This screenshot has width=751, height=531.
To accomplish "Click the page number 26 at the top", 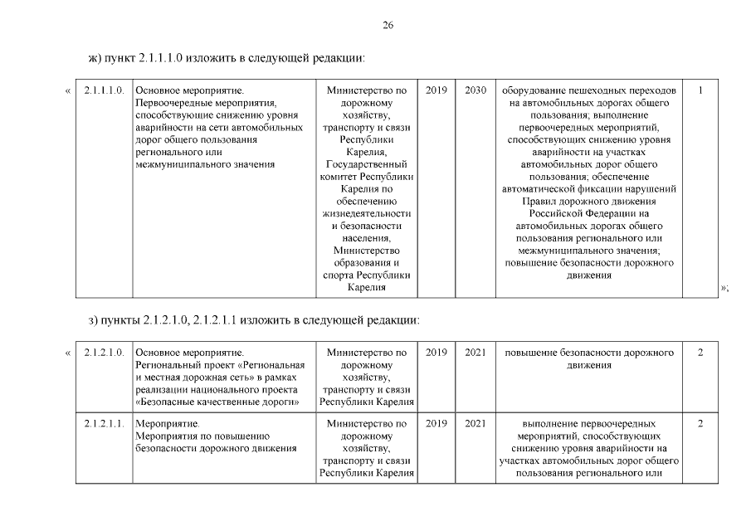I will (388, 26).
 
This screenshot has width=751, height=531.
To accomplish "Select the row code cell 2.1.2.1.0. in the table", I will (104, 353).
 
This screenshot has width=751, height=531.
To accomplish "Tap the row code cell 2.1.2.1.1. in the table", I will (104, 424).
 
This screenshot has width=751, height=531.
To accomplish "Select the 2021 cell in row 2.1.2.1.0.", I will (476, 353).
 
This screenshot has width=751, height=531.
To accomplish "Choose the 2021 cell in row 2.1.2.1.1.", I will (476, 424).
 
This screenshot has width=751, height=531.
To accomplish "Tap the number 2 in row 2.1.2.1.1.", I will (701, 424).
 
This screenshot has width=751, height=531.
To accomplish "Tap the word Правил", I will (539, 201).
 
